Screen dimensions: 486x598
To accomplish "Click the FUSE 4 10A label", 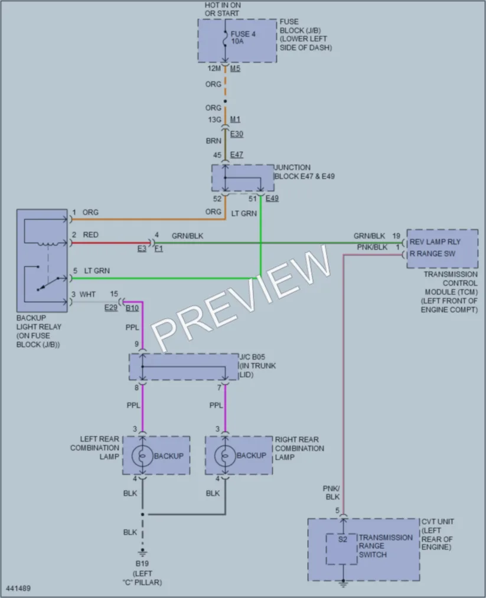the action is [x=243, y=37].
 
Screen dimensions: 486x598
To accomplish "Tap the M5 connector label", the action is [x=236, y=68].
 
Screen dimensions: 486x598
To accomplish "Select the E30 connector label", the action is [x=237, y=134].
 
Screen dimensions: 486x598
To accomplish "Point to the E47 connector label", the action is [x=237, y=155].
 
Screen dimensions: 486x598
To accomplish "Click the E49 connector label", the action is [x=272, y=198].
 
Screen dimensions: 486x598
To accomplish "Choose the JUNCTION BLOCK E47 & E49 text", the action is [x=304, y=172].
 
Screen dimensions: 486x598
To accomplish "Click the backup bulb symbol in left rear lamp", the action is [x=142, y=456].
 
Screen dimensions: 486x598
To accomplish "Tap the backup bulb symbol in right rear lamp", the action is [x=225, y=456].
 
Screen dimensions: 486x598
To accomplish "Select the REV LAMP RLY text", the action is [x=435, y=242].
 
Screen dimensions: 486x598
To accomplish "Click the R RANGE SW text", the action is [x=432, y=254].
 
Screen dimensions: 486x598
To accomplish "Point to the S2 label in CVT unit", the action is [x=343, y=540].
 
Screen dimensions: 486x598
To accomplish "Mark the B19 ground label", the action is [x=142, y=563].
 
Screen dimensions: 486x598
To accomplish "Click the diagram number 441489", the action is [x=18, y=589].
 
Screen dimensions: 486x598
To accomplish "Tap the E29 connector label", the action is [x=111, y=308].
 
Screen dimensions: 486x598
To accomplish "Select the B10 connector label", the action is [x=132, y=308].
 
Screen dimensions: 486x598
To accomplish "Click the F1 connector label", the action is [x=159, y=249].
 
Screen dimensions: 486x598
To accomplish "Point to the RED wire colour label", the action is [x=91, y=235].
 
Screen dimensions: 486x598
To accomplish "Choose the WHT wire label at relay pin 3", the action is [x=87, y=295].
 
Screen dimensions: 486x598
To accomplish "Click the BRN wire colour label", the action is [x=214, y=140].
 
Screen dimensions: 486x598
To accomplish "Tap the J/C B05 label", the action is [x=253, y=357].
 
